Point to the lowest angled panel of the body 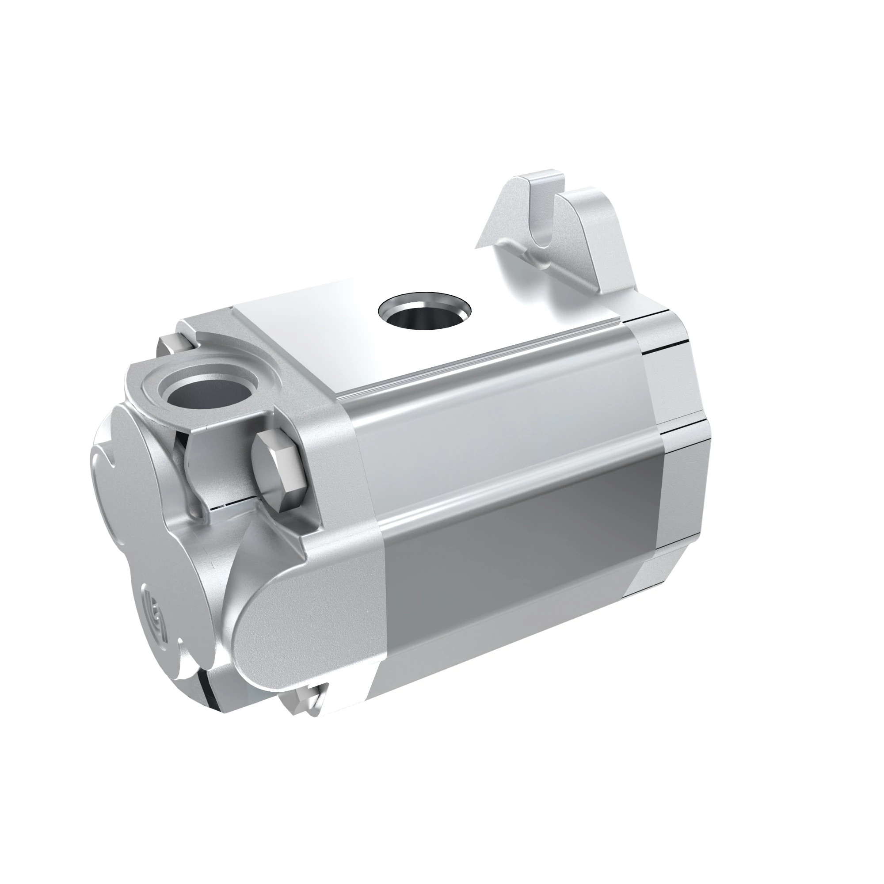pyautogui.click(x=503, y=663)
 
